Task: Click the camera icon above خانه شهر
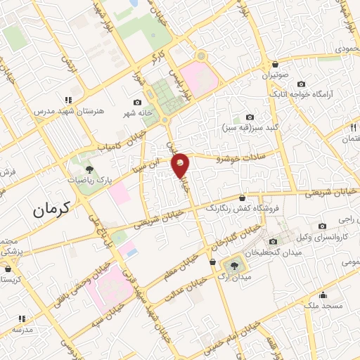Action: pyautogui.click(x=137, y=103)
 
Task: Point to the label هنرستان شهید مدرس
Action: pyautogui.click(x=64, y=111)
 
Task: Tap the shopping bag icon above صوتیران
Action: pyautogui.click(x=274, y=64)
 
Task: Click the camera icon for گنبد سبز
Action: pyautogui.click(x=250, y=117)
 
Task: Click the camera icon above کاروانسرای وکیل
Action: pyautogui.click(x=322, y=226)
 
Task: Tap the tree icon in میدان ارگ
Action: pyautogui.click(x=232, y=264)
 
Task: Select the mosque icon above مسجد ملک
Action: pyautogui.click(x=323, y=295)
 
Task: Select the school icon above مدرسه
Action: pyautogui.click(x=20, y=319)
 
